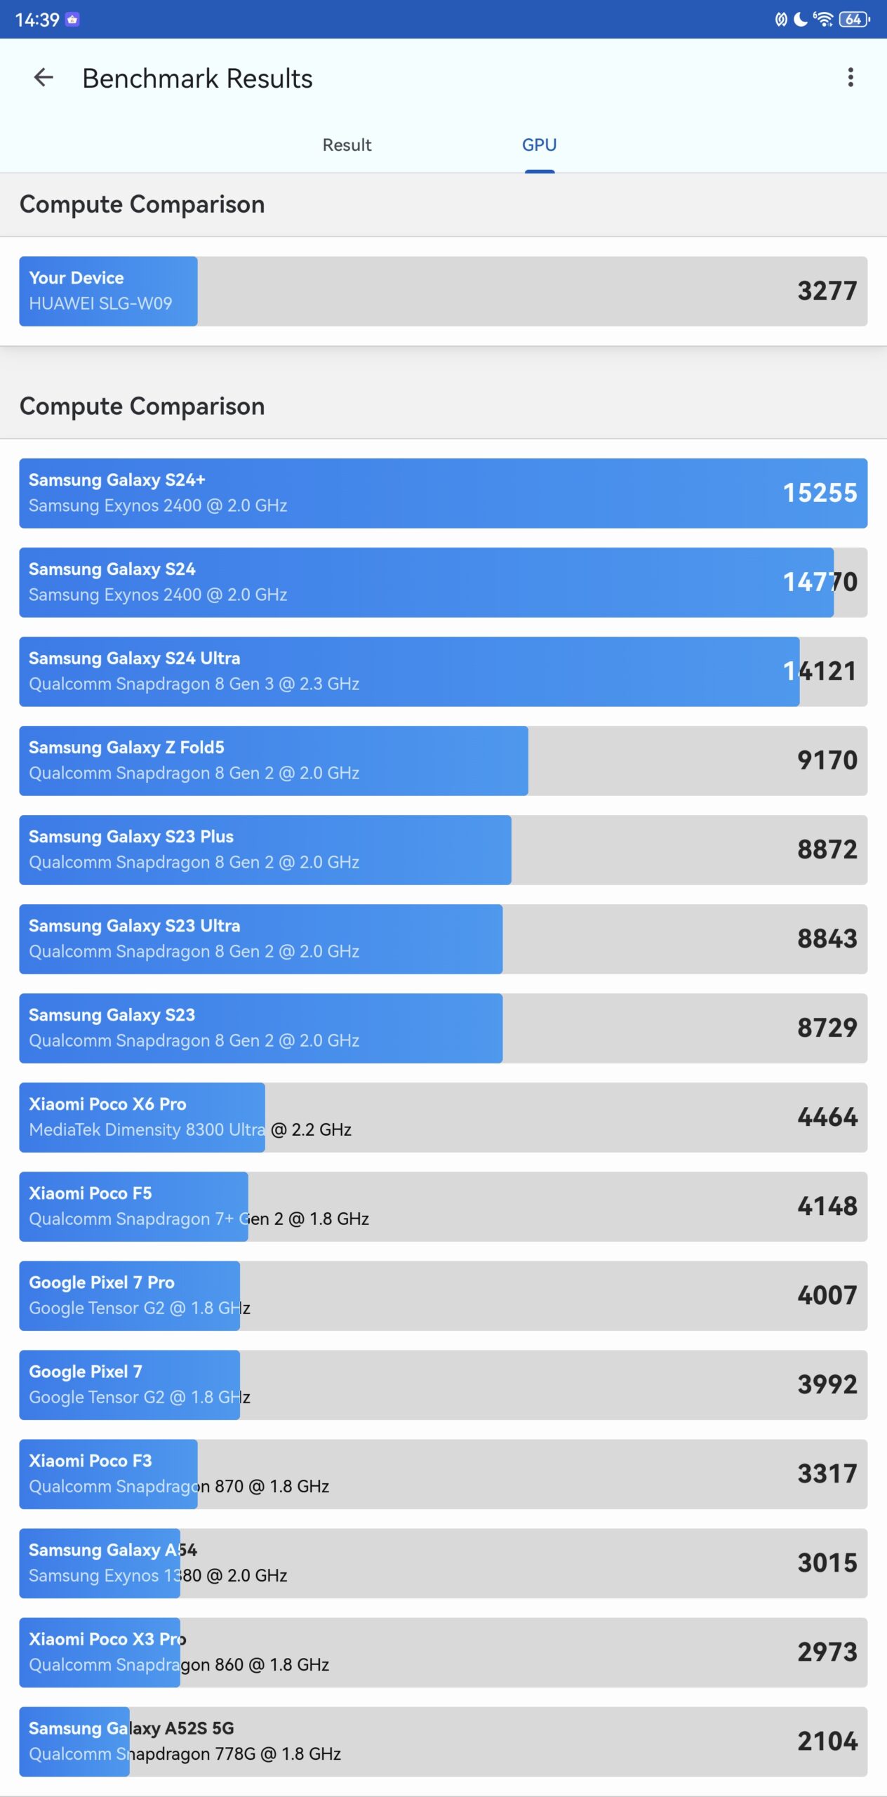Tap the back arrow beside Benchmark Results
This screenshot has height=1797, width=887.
[44, 77]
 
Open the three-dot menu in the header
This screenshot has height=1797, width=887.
[851, 77]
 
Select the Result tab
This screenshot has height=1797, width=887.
[347, 145]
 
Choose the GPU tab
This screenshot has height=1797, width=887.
[539, 145]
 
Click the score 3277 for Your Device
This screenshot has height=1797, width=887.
[827, 291]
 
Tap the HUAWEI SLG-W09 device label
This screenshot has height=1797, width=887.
[100, 304]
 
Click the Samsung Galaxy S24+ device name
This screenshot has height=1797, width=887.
[116, 480]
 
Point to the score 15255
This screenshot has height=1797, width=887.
[820, 493]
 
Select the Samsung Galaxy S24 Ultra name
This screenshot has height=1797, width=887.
[134, 658]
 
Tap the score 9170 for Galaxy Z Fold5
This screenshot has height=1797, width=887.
[827, 761]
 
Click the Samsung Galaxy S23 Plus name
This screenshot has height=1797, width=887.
[131, 837]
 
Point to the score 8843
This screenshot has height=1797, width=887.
[827, 939]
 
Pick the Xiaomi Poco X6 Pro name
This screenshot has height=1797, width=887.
[107, 1104]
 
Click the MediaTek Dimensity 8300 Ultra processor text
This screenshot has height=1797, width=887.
[189, 1130]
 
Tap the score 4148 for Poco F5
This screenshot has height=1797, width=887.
[827, 1207]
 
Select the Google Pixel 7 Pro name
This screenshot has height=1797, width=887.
[101, 1282]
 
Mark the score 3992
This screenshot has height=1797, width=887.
[827, 1385]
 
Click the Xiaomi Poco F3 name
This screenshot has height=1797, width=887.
[90, 1461]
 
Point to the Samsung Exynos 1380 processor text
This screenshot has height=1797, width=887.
[158, 1576]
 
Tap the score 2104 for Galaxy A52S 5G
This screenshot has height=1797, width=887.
[827, 1742]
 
